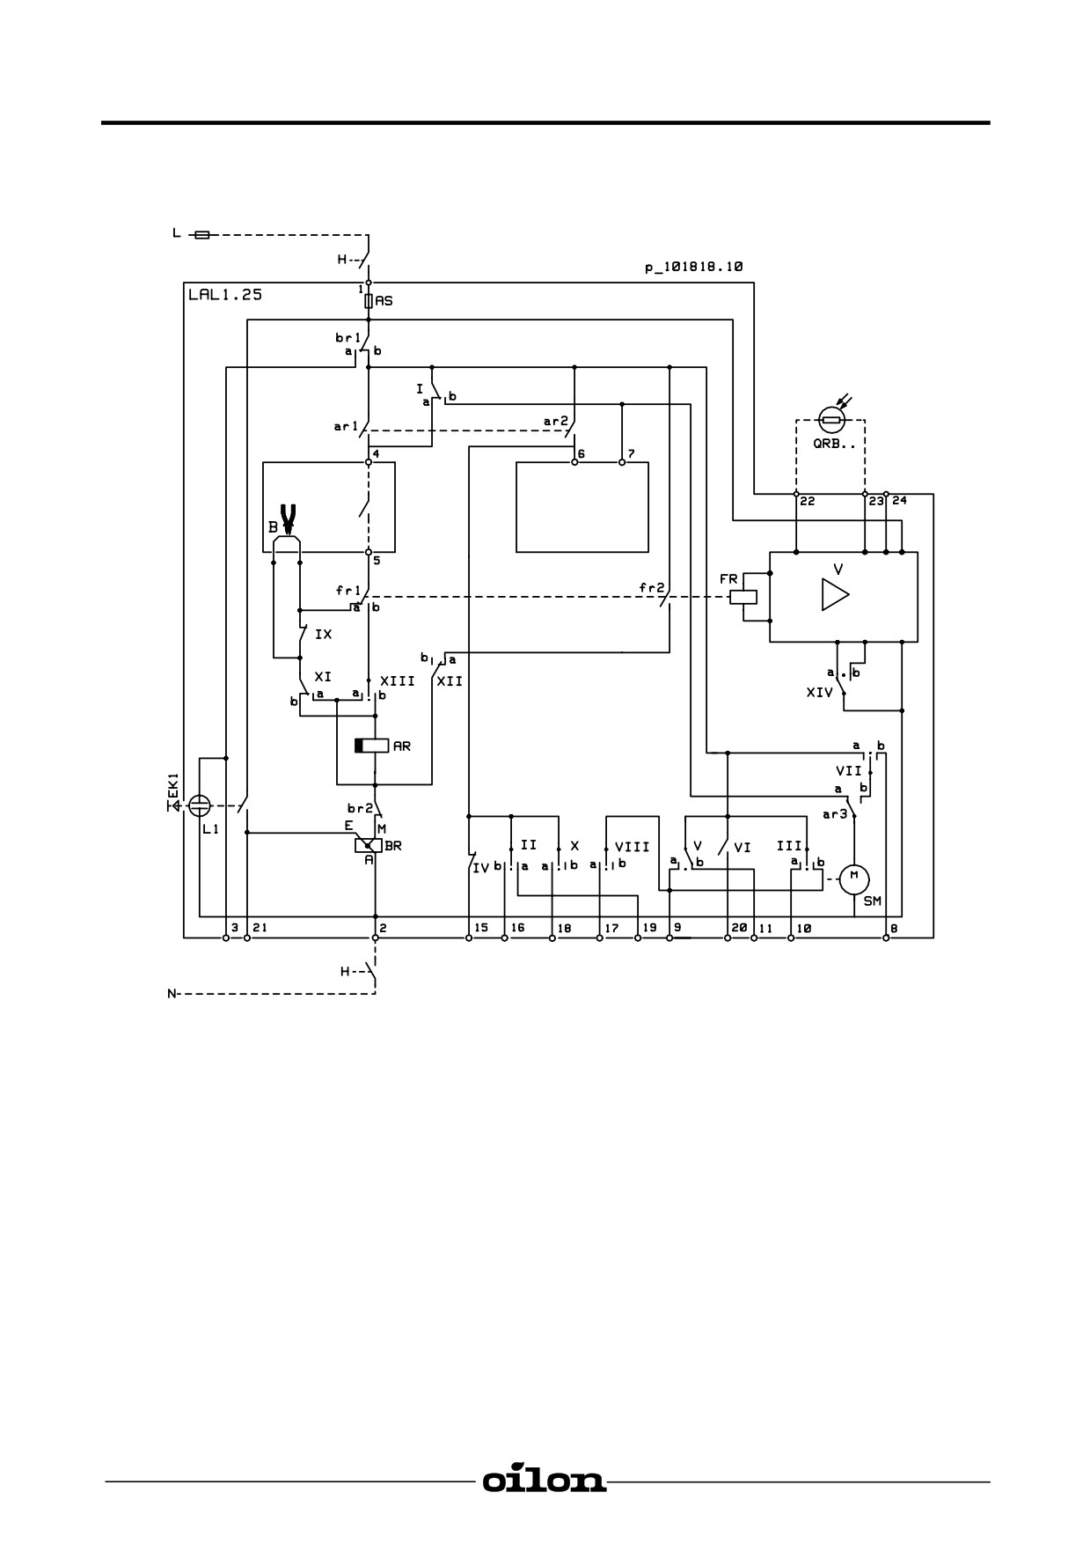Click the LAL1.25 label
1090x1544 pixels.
pyautogui.click(x=225, y=295)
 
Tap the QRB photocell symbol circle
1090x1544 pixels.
pyautogui.click(x=831, y=419)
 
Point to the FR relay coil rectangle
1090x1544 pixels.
pyautogui.click(x=743, y=597)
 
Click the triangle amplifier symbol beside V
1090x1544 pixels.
pyautogui.click(x=835, y=594)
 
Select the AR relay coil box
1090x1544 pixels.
pyautogui.click(x=371, y=746)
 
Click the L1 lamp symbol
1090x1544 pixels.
pyautogui.click(x=201, y=805)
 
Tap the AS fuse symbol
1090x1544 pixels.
pyautogui.click(x=369, y=301)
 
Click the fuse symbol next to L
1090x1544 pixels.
pyautogui.click(x=201, y=235)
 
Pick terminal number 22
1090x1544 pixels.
pyautogui.click(x=807, y=501)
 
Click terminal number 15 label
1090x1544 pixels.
pyautogui.click(x=481, y=928)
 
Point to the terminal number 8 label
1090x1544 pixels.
pyautogui.click(x=895, y=928)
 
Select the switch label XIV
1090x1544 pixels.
pyautogui.click(x=819, y=693)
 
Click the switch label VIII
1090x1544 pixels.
pyautogui.click(x=632, y=847)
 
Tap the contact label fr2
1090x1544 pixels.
pyautogui.click(x=652, y=587)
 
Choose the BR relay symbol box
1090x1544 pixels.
pyautogui.click(x=368, y=846)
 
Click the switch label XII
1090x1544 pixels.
pyautogui.click(x=450, y=681)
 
